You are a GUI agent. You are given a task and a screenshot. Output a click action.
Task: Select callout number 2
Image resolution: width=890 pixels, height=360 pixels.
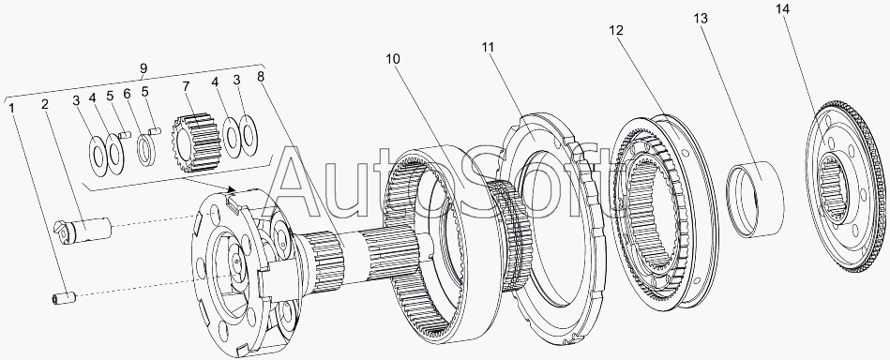tap(44, 104)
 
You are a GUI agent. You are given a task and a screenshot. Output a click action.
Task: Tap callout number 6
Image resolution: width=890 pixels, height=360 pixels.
tap(128, 93)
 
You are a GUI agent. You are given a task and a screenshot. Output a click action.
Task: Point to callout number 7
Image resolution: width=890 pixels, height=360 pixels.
tap(186, 86)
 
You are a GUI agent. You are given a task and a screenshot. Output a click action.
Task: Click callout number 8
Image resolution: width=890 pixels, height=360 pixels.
tap(261, 76)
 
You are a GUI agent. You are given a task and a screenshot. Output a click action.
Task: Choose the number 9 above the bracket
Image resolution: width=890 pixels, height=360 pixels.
tap(144, 68)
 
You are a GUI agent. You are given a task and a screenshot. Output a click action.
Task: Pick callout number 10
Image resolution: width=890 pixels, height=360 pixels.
tap(393, 59)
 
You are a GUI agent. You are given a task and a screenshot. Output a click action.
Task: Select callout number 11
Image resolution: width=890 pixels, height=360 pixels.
tap(488, 47)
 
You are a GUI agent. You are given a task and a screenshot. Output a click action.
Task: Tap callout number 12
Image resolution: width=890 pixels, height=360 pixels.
tap(616, 30)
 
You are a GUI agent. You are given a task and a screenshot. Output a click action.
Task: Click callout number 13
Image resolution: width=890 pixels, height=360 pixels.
tap(701, 18)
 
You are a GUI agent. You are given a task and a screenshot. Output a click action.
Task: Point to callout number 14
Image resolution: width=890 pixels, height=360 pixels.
tap(783, 9)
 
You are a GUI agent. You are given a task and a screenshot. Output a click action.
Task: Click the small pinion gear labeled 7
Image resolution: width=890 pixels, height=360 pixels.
tap(195, 143)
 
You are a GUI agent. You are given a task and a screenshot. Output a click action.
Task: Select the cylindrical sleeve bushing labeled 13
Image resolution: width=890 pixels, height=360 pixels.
tap(756, 199)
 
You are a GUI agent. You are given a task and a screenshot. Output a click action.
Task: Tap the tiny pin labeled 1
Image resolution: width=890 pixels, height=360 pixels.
tap(64, 297)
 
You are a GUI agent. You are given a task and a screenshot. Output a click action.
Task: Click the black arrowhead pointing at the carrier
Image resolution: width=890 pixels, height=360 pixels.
tap(231, 187)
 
